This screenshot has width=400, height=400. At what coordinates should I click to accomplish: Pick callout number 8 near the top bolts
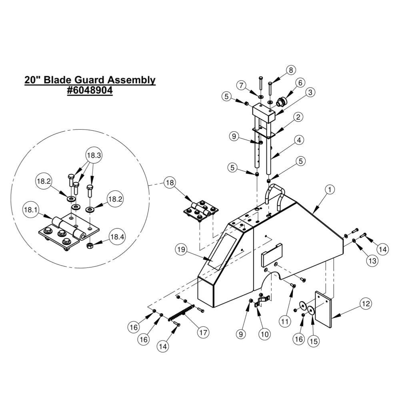(290, 70)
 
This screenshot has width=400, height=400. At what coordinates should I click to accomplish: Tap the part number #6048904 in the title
(90, 90)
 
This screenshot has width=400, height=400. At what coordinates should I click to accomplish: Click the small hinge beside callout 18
(201, 211)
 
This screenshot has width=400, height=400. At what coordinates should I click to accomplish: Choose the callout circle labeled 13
(372, 261)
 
